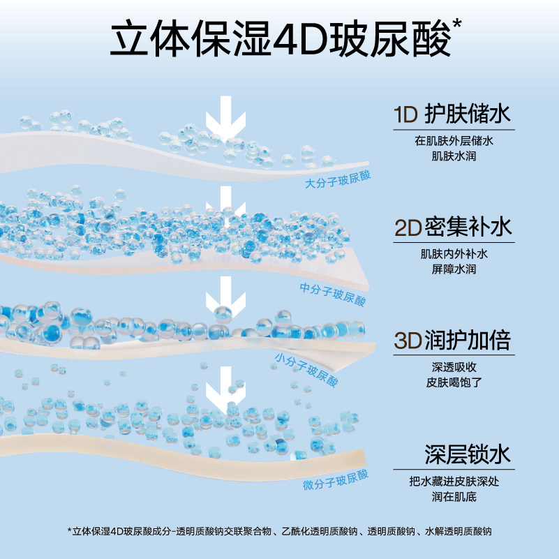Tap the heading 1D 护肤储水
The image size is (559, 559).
[453, 114]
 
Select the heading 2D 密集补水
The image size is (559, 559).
[453, 228]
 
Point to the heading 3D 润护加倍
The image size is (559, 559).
[453, 341]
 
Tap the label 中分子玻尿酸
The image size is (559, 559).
[332, 293]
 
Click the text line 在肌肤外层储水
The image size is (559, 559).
[453, 140]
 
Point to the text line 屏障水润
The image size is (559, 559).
[453, 269]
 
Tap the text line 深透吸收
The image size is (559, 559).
[453, 367]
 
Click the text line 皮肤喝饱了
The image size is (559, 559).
[453, 382]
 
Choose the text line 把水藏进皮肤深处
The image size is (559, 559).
[453, 481]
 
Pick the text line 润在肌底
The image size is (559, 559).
[453, 496]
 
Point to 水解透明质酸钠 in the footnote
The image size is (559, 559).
[458, 531]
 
